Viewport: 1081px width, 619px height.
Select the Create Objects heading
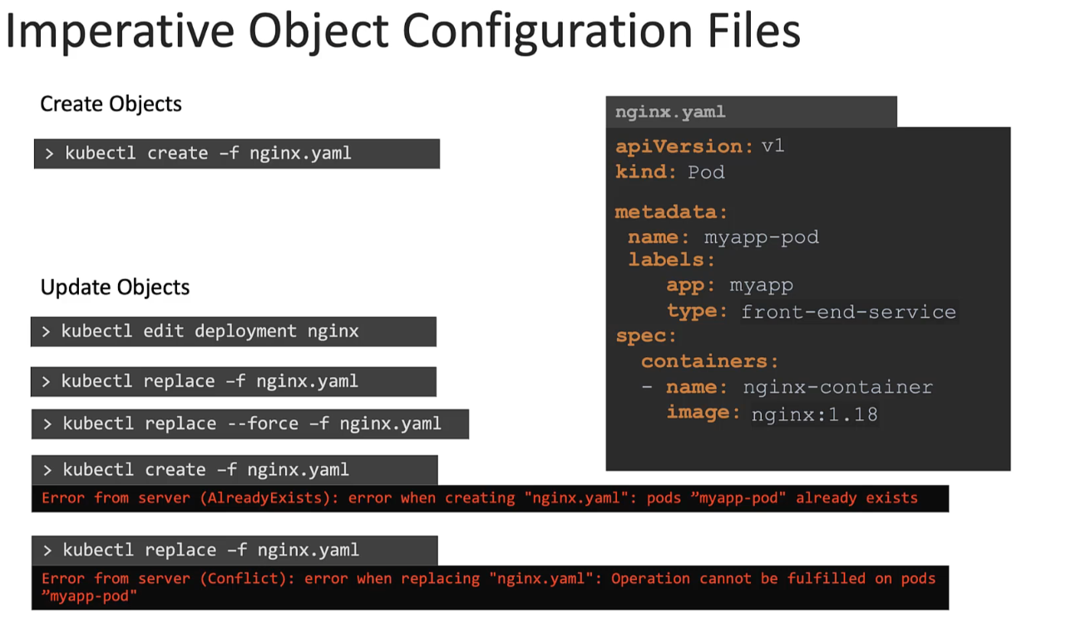click(x=111, y=104)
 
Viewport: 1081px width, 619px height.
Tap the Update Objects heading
click(x=115, y=287)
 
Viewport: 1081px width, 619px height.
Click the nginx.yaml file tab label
click(x=670, y=111)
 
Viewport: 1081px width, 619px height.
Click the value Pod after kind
click(x=706, y=172)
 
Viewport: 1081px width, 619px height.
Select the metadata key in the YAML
click(x=670, y=212)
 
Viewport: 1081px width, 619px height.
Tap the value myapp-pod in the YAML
click(x=761, y=237)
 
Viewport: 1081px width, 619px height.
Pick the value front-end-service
click(x=848, y=312)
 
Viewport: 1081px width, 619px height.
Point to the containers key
click(x=709, y=361)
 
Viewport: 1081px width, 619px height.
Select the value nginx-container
click(x=837, y=387)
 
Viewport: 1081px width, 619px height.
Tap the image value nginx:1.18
click(x=814, y=413)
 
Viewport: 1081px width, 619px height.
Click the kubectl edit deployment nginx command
click(x=210, y=331)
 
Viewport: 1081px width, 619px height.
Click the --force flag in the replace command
click(x=262, y=423)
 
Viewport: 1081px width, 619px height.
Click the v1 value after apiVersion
click(x=773, y=146)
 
